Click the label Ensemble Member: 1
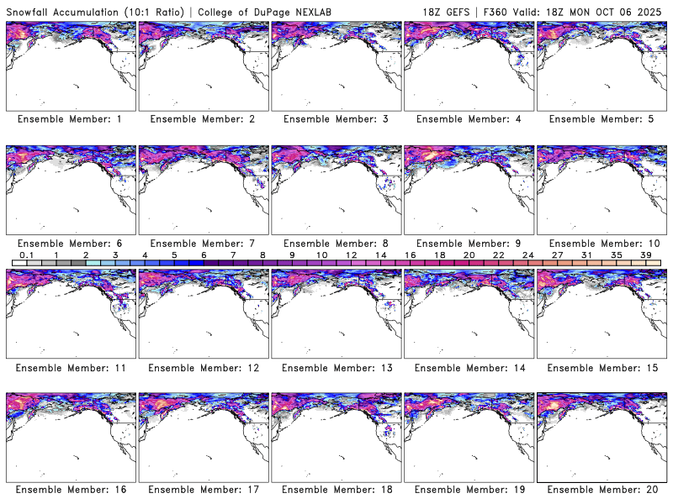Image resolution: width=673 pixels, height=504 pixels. tap(70, 119)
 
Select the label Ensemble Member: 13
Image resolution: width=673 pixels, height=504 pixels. tap(335, 367)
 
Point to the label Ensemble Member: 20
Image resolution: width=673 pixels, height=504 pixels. tap(601, 490)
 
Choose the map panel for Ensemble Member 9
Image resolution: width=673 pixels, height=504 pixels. tap(469, 190)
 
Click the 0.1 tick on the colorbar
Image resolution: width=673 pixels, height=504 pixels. tap(26, 255)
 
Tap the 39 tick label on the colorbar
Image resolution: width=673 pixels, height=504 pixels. tap(645, 255)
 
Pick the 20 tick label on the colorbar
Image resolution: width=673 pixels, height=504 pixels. tap(469, 255)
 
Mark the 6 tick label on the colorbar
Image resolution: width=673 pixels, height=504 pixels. tap(203, 255)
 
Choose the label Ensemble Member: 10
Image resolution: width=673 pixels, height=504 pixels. tap(601, 244)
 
